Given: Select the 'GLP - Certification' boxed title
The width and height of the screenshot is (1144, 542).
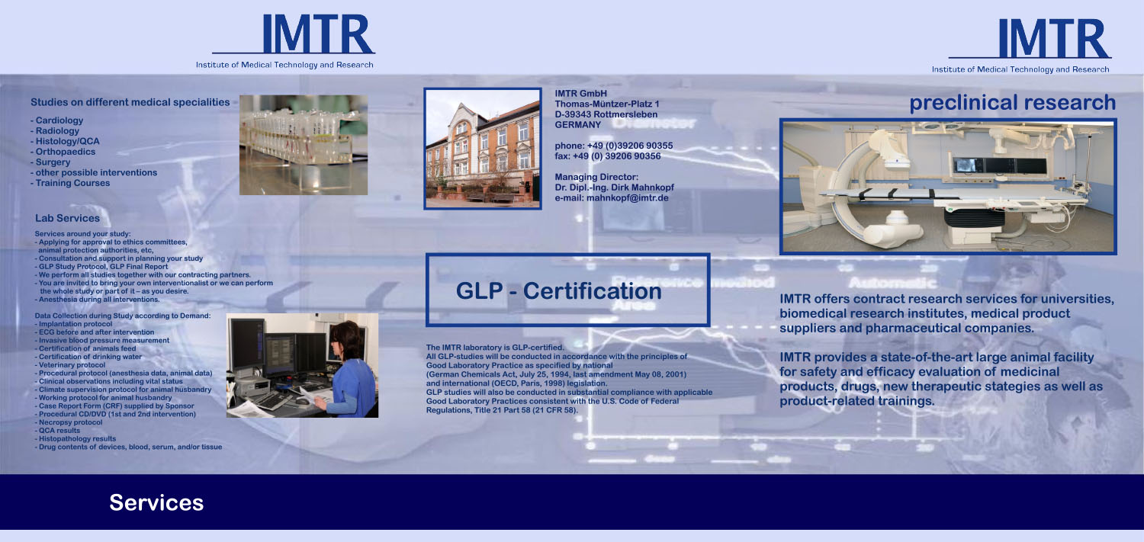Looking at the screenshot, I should pos(558,291).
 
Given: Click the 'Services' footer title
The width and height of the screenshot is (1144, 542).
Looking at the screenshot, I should pos(156,502).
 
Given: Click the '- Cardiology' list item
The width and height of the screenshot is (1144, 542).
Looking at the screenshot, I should pos(57,120).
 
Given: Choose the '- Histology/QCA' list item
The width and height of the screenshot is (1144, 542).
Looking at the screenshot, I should pos(65,141).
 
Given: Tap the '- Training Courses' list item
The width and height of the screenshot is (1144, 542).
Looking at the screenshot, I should pos(70,183).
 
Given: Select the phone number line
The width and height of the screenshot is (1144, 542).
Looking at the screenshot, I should pos(613,146).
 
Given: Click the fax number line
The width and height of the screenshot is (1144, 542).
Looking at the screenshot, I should pos(607,156).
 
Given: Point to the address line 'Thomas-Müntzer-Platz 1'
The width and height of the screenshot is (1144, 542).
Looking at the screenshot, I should pos(606,104).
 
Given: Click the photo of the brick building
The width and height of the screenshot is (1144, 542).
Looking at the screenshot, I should pos(483,149).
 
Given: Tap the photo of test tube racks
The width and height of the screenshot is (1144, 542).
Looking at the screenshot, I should pos(303,144).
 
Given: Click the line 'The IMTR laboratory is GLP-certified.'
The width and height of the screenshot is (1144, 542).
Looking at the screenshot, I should pos(494,348).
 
